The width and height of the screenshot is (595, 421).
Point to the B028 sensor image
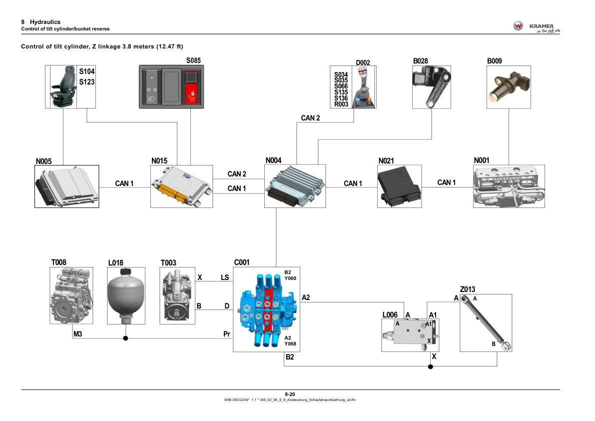click(431, 87)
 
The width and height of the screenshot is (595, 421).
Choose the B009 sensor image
click(508, 87)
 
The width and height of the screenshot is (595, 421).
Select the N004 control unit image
click(295, 186)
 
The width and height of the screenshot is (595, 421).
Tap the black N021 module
click(399, 186)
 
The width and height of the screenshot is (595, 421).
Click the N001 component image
click(509, 186)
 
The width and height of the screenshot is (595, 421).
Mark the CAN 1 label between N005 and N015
click(124, 183)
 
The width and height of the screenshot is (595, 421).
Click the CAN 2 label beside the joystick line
click(310, 118)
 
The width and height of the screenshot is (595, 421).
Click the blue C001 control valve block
click(266, 309)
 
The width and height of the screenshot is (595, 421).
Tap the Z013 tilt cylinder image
click(486, 322)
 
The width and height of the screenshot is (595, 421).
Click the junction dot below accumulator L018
click(125, 338)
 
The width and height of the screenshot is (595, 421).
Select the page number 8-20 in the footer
click(290, 394)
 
